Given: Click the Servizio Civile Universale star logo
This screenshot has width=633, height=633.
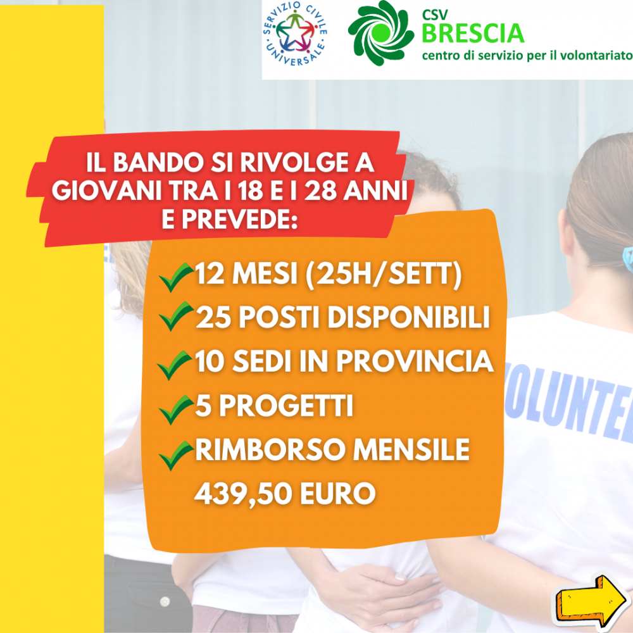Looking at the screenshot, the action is tap(295, 34).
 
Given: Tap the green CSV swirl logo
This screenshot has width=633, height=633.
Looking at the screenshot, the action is tap(380, 33).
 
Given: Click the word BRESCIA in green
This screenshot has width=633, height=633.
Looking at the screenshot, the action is tap(473, 33).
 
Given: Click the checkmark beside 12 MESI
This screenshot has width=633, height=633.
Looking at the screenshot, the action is tap(176, 277).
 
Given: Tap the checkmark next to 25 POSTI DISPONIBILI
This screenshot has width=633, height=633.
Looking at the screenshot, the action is tap(177, 316).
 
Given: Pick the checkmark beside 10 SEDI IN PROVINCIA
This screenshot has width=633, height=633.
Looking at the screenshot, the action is tap(175, 365).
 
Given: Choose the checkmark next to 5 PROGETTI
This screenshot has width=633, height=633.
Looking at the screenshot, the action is tap(177, 410).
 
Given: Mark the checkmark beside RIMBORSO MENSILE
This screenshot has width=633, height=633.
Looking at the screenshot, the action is tap(177, 455).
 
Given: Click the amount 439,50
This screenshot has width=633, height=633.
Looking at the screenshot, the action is tap(242, 494).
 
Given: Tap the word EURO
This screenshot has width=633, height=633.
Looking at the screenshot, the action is tap(337, 493).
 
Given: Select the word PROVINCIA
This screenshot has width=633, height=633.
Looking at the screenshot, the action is tap(415, 361).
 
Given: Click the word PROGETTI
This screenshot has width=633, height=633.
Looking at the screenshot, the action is tap(286, 405).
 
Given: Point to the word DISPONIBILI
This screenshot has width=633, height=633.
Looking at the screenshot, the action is tap(408, 317).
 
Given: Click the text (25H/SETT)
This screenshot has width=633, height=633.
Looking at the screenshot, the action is tap(384, 275).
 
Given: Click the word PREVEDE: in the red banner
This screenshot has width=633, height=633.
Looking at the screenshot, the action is tap(230, 219).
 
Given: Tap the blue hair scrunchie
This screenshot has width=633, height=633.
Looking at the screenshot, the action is tap(628, 259).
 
